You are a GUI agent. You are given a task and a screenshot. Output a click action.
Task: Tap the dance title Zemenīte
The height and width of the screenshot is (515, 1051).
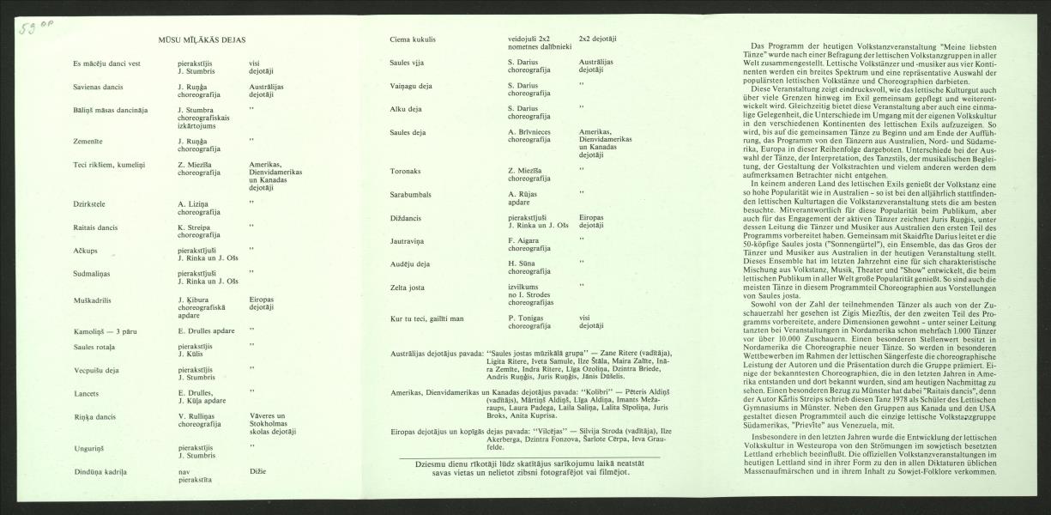tap(91, 138)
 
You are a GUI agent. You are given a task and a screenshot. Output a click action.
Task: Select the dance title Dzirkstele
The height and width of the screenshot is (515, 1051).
tap(92, 203)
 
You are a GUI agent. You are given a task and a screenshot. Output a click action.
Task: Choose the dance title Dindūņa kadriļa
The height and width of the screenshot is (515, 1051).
tap(100, 472)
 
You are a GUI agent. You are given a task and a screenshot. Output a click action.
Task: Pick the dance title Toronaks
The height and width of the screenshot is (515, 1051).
tap(406, 170)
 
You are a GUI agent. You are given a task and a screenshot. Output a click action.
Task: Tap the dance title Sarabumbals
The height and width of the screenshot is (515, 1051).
tap(411, 194)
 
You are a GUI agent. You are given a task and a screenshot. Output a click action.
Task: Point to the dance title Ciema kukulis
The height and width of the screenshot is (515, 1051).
tap(413, 39)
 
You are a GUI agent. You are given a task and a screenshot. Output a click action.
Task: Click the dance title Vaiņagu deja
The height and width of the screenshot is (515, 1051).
tap(411, 86)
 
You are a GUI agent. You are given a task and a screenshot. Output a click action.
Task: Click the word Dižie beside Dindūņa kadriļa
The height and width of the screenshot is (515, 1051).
tap(257, 472)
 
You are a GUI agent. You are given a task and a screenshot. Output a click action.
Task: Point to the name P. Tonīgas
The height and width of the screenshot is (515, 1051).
tap(527, 318)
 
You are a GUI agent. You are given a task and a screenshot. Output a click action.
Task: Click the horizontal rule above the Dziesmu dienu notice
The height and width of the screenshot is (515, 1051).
tap(529, 457)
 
